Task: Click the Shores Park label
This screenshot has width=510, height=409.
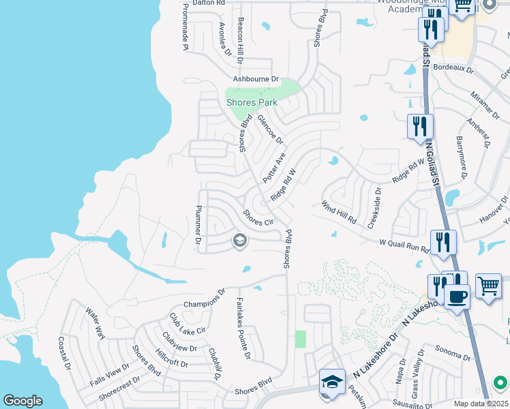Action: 252,102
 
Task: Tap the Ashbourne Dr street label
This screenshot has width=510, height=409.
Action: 256,79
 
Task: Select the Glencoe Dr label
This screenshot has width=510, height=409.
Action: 270,129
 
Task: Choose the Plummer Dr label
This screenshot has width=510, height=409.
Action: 198,225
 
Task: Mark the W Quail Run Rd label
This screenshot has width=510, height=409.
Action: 404,245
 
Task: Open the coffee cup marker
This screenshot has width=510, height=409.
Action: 456,297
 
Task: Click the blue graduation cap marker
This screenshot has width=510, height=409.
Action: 332,381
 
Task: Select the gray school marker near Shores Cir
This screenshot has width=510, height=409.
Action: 239,240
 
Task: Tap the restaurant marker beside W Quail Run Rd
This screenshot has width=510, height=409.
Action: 443,241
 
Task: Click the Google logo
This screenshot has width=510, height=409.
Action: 22,401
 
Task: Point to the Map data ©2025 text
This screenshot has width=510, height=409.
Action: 480,404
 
